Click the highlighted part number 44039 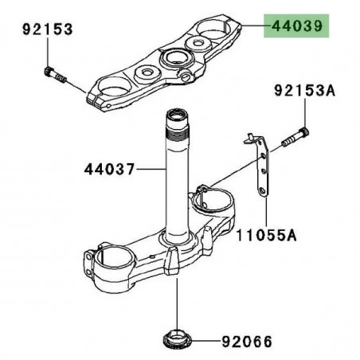point(297,27)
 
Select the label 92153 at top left point(46,29)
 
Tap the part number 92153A point(304,92)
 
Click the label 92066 point(245,342)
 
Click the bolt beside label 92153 point(53,74)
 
